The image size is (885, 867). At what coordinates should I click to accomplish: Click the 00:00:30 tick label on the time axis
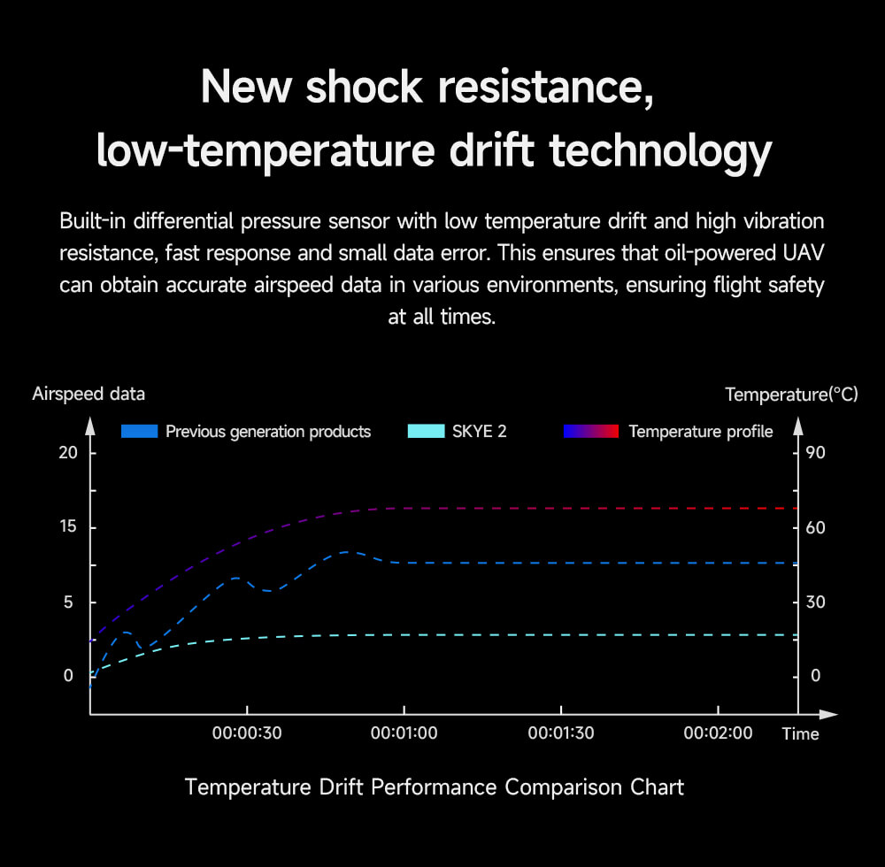(x=246, y=733)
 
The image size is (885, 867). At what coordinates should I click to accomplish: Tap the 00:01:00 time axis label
(x=404, y=733)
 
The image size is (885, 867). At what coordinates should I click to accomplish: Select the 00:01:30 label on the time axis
(x=560, y=733)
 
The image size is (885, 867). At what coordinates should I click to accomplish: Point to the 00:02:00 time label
(x=718, y=733)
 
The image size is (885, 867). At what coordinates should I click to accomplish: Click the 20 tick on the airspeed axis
(x=68, y=453)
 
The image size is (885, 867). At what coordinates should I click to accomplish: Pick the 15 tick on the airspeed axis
(x=68, y=527)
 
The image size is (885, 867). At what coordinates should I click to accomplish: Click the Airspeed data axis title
(x=88, y=394)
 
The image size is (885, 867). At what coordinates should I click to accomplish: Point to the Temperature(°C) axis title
(x=791, y=395)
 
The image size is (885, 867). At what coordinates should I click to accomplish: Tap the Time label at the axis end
(x=800, y=734)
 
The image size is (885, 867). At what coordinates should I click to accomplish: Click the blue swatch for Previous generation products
(x=139, y=432)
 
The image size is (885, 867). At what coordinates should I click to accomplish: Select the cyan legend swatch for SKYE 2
(x=426, y=432)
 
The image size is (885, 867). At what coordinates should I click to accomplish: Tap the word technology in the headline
(x=660, y=150)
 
